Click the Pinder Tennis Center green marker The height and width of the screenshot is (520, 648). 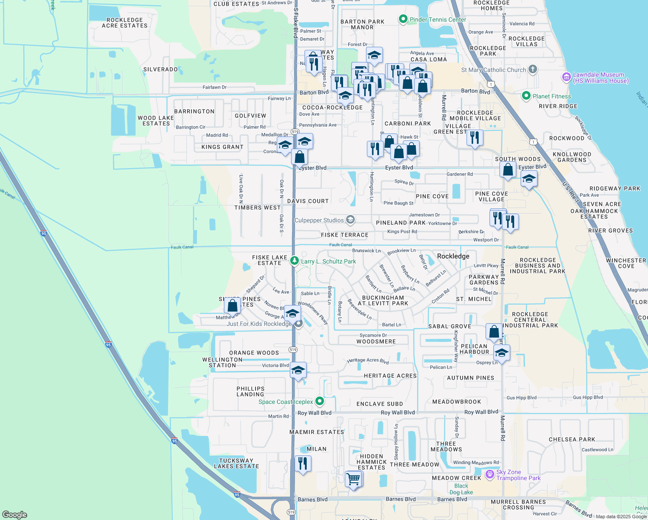pyautogui.click(x=403, y=19)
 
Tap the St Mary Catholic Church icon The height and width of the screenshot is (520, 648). pyautogui.click(x=533, y=69)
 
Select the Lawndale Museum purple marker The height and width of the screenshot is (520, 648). pyautogui.click(x=566, y=78)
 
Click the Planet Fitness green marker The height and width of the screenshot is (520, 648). pyautogui.click(x=526, y=96)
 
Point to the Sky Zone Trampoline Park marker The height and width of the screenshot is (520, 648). pyautogui.click(x=490, y=475)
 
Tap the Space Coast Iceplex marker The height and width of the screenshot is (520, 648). pyautogui.click(x=320, y=401)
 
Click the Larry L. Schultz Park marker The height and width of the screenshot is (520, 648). pyautogui.click(x=295, y=261)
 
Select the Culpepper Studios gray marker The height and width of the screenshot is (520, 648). pyautogui.click(x=350, y=220)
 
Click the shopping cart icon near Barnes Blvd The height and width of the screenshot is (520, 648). pyautogui.click(x=353, y=479)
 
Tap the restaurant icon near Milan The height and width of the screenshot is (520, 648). pyautogui.click(x=303, y=464)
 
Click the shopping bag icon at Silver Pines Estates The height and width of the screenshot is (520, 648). pyautogui.click(x=233, y=305)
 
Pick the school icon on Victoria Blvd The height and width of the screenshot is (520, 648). pyautogui.click(x=298, y=370)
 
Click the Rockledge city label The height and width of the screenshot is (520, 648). pyautogui.click(x=453, y=256)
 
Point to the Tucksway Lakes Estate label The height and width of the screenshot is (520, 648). pyautogui.click(x=236, y=463)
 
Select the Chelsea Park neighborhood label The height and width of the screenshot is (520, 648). pyautogui.click(x=572, y=439)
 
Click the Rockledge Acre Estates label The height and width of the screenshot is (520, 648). pyautogui.click(x=124, y=23)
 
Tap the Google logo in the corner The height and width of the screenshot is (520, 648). pyautogui.click(x=15, y=514)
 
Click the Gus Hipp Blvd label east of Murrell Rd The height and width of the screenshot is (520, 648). pyautogui.click(x=588, y=397)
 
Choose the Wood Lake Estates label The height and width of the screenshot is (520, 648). pyautogui.click(x=156, y=120)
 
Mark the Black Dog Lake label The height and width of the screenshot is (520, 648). pyautogui.click(x=461, y=489)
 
